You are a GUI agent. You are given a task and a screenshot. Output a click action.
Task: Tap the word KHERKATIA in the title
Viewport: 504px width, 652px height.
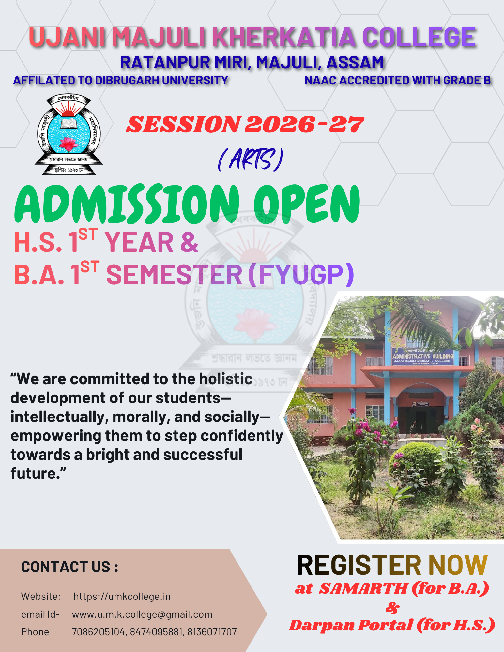coord(285,37)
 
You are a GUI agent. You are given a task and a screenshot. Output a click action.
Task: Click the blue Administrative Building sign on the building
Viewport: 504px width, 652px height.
coord(423,356)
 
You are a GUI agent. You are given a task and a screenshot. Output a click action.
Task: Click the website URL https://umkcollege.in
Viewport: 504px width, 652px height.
coord(122,596)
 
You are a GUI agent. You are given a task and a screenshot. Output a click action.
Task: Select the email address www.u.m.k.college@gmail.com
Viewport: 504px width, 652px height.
coord(142,614)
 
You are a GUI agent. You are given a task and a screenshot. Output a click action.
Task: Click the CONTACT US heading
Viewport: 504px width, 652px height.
coord(69,567)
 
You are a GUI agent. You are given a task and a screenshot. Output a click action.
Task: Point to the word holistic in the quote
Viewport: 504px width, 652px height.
coord(226,379)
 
